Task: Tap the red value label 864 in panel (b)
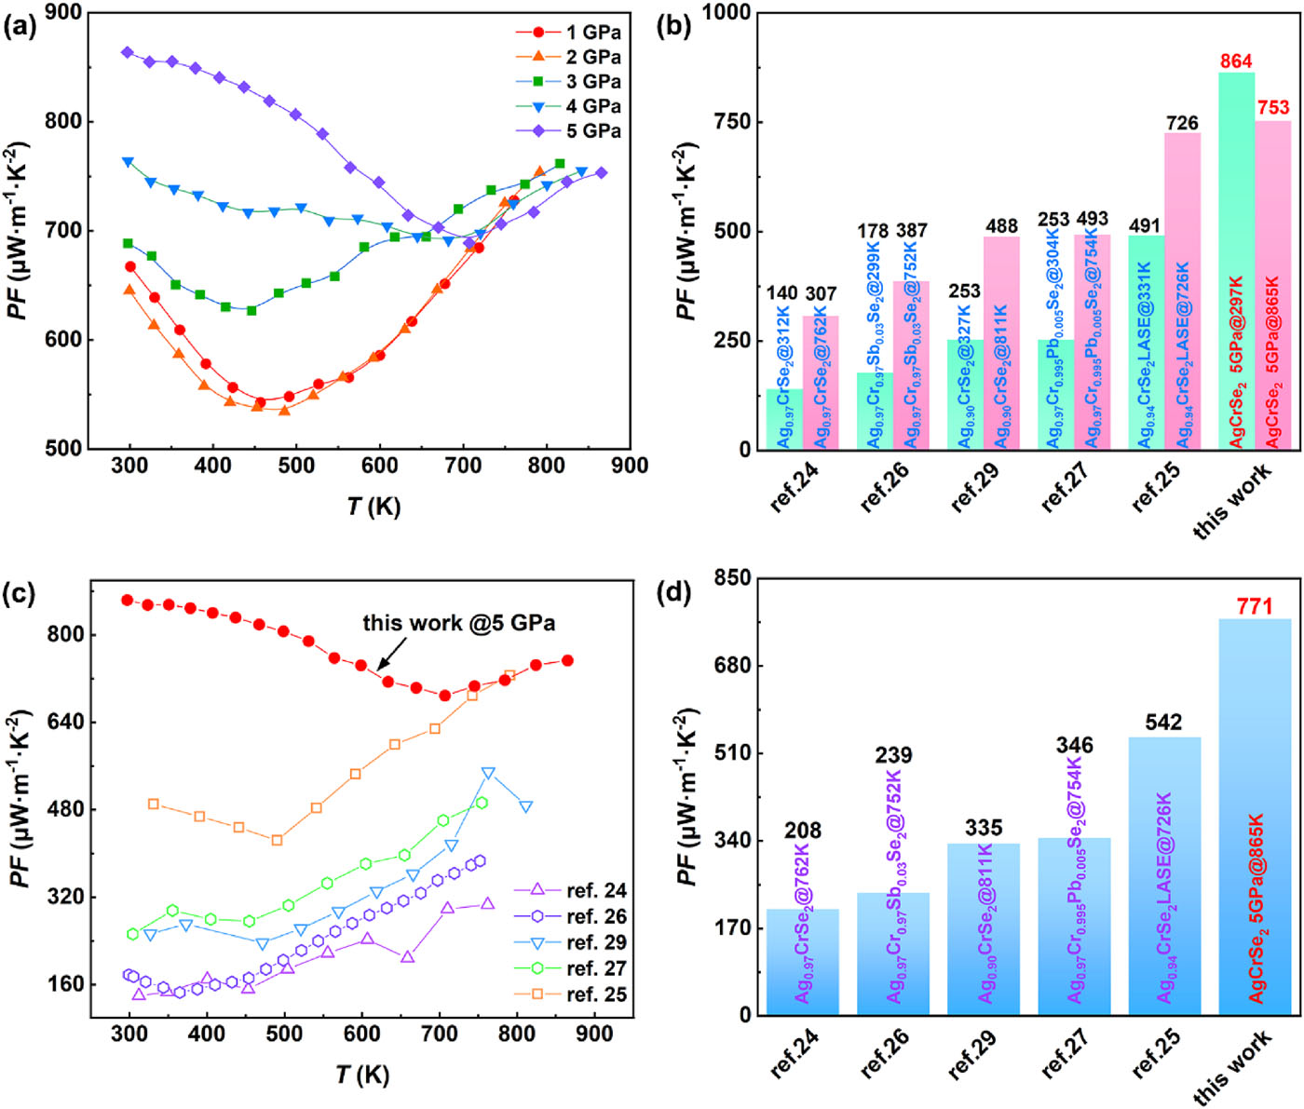1236,61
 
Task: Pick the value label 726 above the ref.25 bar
1182,123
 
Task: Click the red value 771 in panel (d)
1255,607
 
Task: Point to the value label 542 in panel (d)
1164,723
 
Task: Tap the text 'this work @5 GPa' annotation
459,623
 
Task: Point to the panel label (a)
20,25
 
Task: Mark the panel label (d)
672,592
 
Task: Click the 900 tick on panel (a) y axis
63,13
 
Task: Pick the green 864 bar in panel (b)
1236,261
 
